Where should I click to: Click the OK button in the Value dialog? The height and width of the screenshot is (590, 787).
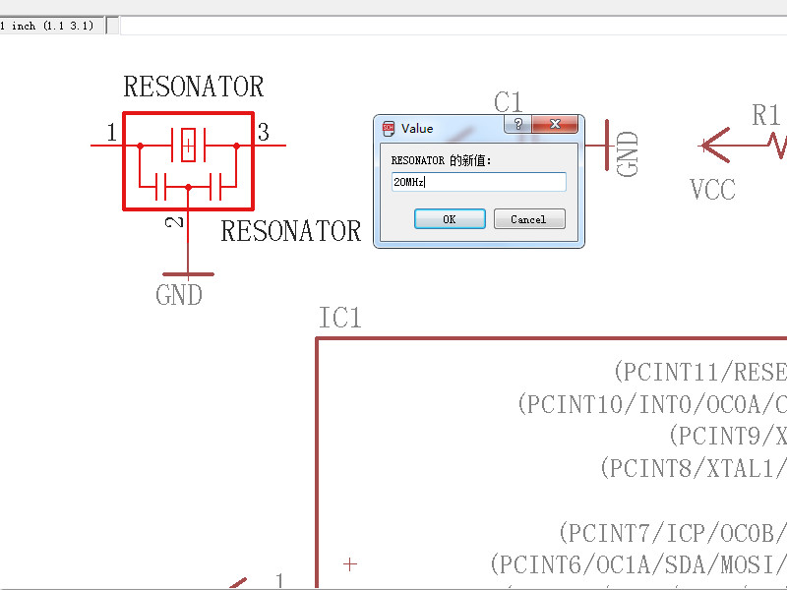tap(450, 219)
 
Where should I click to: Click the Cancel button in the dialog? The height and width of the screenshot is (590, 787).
tap(529, 219)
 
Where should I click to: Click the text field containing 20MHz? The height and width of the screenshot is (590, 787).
tap(478, 182)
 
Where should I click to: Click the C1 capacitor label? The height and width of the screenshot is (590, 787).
tap(508, 101)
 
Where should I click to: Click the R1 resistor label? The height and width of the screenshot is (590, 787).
tap(765, 115)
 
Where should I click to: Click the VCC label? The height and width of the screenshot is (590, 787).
tap(712, 189)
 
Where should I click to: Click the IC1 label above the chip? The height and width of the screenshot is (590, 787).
tap(340, 318)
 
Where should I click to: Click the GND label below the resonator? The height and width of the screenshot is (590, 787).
tap(179, 295)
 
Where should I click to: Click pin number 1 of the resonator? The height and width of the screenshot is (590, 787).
tap(111, 132)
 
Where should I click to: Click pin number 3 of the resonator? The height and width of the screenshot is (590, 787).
tap(263, 132)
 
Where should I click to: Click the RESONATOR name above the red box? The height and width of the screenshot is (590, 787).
tap(194, 87)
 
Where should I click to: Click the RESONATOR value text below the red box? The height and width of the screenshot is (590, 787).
tap(291, 231)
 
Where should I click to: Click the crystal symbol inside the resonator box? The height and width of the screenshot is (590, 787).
tap(188, 146)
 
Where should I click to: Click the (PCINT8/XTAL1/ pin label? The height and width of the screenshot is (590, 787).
tap(693, 468)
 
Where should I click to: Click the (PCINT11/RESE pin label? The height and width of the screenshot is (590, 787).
tap(699, 372)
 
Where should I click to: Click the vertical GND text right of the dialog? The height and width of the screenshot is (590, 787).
tap(628, 153)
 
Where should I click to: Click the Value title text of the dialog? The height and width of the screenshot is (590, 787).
tap(417, 128)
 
